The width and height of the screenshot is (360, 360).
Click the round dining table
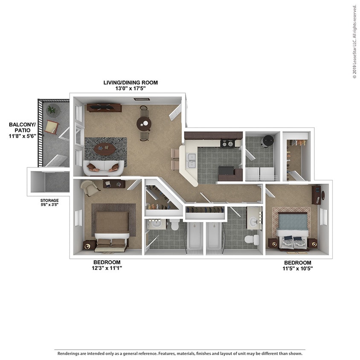click(144, 124)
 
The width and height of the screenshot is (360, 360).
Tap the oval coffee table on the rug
click(105, 149)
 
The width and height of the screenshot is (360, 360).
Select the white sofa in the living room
click(104, 168)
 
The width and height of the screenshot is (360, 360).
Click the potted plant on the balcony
click(52, 110)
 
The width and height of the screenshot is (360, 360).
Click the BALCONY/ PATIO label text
click(21, 128)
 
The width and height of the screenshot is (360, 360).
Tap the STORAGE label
click(49, 200)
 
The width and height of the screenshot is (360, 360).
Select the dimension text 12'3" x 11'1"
click(107, 268)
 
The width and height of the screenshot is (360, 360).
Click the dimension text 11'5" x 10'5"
click(298, 269)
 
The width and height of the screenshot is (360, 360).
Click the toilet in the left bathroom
click(174, 225)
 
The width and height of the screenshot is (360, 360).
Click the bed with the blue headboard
click(292, 230)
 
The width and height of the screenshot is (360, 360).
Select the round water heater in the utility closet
click(267, 140)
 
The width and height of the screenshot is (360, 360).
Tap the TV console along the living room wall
click(104, 107)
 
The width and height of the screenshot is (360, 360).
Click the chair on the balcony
click(52, 127)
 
